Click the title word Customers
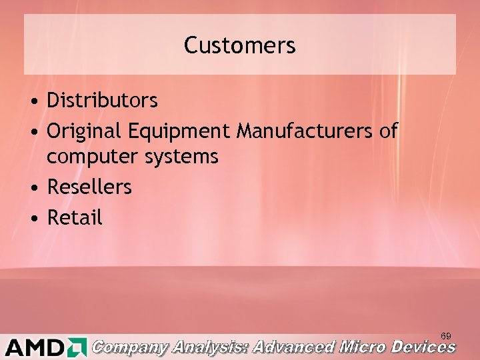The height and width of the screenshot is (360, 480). point(239,45)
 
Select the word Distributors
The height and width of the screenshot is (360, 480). point(102,101)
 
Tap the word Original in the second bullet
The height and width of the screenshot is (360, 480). point(83,131)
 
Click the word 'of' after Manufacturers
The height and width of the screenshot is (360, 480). point(388,131)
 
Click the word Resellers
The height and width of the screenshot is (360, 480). point(89,187)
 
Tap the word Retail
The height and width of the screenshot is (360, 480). point(75,217)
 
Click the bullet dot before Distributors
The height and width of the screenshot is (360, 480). point(33,102)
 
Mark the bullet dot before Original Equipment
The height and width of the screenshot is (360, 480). point(33,132)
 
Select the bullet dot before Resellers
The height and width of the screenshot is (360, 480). point(33,188)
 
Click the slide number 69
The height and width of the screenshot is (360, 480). point(446,335)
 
